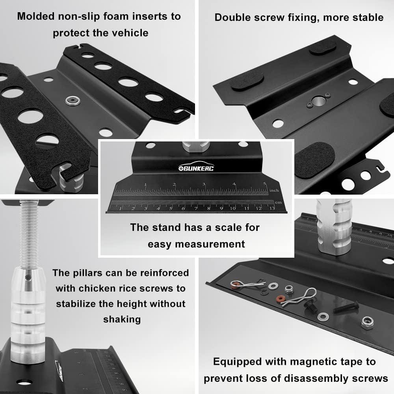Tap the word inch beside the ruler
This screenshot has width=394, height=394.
[x=274, y=190]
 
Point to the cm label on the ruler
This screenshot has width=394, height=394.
[x=278, y=202]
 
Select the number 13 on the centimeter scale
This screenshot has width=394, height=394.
[x=272, y=208]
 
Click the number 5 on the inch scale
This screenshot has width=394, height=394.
[x=265, y=184]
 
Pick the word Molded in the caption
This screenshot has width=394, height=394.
[x=36, y=16]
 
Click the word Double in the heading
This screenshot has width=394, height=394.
[x=232, y=18]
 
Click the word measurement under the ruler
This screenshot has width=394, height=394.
[x=210, y=244]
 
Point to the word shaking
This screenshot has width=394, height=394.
[x=122, y=320]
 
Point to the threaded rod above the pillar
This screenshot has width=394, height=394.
[x=29, y=234]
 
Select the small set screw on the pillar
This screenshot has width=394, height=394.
[x=28, y=277]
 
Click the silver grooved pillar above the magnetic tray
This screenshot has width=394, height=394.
[x=334, y=226]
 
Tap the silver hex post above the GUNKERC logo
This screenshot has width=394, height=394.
[x=196, y=147]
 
